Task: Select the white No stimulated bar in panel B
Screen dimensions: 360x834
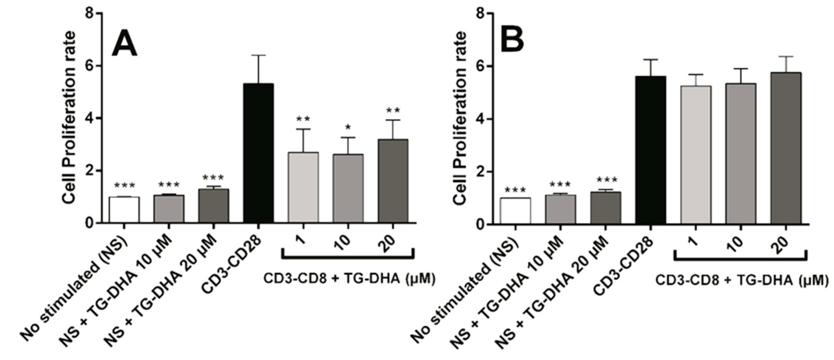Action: click(515, 211)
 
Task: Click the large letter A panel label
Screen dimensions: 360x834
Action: click(125, 42)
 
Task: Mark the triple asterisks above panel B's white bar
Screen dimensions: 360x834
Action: click(515, 190)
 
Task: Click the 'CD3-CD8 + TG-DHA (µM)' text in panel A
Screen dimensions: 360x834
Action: click(348, 279)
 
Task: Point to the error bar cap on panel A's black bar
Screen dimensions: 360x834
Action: click(259, 56)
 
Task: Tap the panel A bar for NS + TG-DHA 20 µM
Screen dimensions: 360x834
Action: click(214, 205)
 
